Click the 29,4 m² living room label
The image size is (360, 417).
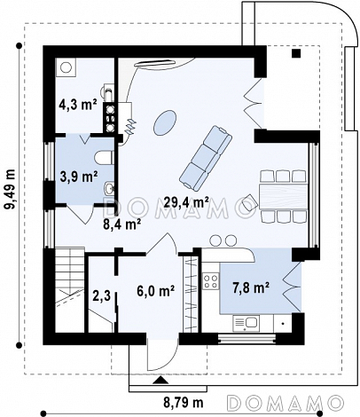pyautogui.click(x=186, y=203)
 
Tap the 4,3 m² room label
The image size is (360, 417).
pyautogui.click(x=78, y=105)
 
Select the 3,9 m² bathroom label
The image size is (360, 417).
pyautogui.click(x=79, y=177)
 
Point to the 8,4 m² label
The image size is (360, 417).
pyautogui.click(x=121, y=224)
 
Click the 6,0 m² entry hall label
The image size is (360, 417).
pyautogui.click(x=155, y=291)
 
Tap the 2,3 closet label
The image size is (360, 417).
pyautogui.click(x=103, y=295)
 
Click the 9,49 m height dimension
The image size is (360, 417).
pyautogui.click(x=11, y=189)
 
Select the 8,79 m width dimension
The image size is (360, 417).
pyautogui.click(x=184, y=402)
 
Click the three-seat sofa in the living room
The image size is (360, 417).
pyautogui.click(x=206, y=158)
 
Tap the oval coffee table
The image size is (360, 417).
pyautogui.click(x=166, y=122)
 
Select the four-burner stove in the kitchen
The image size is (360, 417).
pyautogui.click(x=211, y=281)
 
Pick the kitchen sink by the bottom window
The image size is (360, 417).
pyautogui.click(x=246, y=323)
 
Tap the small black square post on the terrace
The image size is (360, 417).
pyautogui.click(x=296, y=53)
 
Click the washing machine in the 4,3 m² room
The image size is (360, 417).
pyautogui.click(x=66, y=67)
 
